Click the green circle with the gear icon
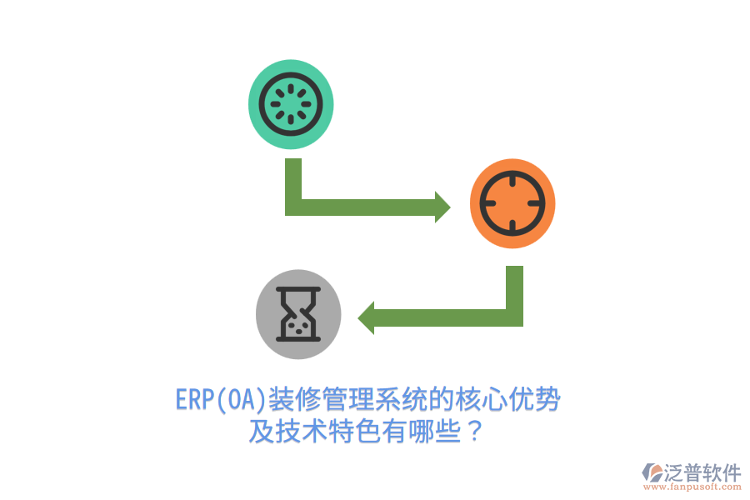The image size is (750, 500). [291, 104]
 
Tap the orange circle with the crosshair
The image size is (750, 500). [512, 203]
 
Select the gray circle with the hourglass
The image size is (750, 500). [298, 314]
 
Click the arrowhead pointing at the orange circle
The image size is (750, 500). [442, 207]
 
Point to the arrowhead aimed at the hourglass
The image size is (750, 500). [366, 318]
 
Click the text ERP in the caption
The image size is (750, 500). [195, 399]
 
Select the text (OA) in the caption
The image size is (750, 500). [241, 399]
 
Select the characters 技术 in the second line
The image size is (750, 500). [302, 431]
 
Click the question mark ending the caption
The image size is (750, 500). [474, 431]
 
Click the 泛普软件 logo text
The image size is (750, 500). [702, 472]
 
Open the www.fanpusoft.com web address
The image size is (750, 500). [692, 487]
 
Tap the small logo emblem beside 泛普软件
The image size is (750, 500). [652, 472]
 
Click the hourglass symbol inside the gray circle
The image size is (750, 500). [298, 314]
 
